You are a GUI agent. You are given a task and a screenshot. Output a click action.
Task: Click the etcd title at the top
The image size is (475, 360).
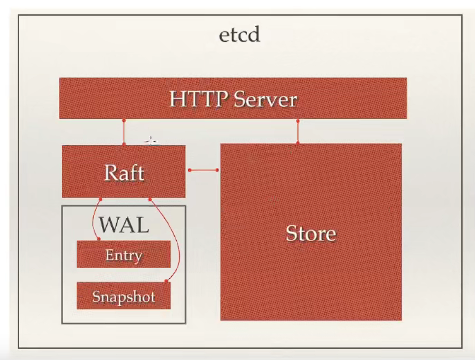tap(240, 35)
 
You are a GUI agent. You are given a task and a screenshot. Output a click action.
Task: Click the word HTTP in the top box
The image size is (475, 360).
tap(198, 99)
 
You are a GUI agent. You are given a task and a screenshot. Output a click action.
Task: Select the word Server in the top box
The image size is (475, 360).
tap(265, 99)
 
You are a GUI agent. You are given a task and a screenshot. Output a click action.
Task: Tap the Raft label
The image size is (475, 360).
tap(124, 173)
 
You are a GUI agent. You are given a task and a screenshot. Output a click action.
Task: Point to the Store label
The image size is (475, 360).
tap(311, 233)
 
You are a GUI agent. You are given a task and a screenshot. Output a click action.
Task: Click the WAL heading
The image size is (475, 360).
tap(124, 225)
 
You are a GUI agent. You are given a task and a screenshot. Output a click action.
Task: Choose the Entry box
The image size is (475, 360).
tap(124, 255)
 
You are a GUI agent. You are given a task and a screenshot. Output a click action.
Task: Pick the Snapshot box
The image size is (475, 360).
tap(124, 296)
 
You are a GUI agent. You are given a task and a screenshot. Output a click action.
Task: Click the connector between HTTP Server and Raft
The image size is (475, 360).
tap(124, 132)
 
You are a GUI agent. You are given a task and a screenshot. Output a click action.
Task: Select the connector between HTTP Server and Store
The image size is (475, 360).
tap(298, 131)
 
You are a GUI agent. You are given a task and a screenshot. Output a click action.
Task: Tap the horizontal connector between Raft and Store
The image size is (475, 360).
tap(203, 170)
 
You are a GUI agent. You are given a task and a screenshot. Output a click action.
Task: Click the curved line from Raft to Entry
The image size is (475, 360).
tap(93, 220)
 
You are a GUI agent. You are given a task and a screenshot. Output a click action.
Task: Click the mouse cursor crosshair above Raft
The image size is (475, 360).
tap(151, 142)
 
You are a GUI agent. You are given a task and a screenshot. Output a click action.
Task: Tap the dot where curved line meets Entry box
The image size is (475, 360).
tap(98, 239)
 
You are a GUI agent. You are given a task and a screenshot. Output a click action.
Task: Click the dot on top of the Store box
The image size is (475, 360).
tap(298, 143)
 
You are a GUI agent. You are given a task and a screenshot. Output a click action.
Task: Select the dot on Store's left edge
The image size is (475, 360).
tap(218, 170)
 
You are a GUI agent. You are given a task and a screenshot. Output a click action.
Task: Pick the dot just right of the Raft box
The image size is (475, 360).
tap(190, 170)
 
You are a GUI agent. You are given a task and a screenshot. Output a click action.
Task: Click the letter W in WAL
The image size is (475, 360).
tap(109, 225)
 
